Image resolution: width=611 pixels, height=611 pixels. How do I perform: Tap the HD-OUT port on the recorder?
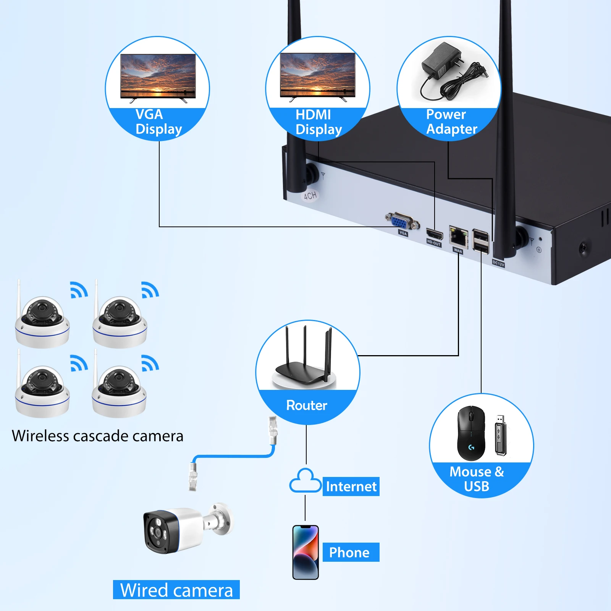pyautogui.click(x=434, y=234)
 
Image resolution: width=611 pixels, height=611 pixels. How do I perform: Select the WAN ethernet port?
pyautogui.click(x=458, y=237)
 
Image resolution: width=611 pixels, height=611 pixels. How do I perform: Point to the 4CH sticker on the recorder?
pyautogui.click(x=310, y=196)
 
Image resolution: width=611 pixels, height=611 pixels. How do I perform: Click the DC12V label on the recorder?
pyautogui.click(x=498, y=263)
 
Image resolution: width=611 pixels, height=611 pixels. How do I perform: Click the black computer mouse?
pyautogui.click(x=471, y=433)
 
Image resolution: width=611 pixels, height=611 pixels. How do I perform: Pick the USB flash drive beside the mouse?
pyautogui.click(x=500, y=435)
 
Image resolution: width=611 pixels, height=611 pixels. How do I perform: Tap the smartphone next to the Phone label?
pyautogui.click(x=305, y=552)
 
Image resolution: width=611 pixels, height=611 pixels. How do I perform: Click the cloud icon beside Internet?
pyautogui.click(x=305, y=482)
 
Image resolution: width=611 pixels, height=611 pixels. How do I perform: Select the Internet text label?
pyautogui.click(x=351, y=487)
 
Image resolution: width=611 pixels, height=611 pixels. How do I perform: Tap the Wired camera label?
pyautogui.click(x=176, y=590)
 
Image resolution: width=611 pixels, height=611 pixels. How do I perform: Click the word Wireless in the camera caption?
pyautogui.click(x=40, y=436)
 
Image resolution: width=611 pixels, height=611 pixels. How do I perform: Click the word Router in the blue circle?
pyautogui.click(x=307, y=405)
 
